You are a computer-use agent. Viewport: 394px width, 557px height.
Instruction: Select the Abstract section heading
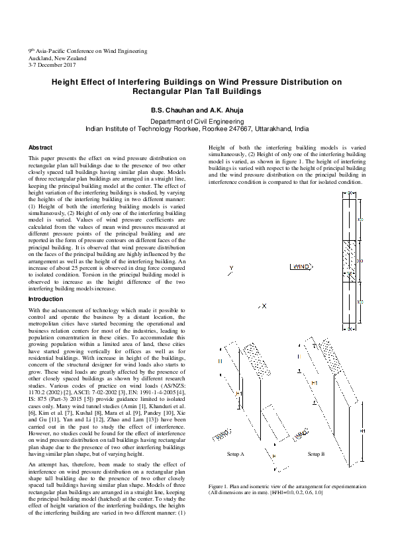pyautogui.click(x=40, y=147)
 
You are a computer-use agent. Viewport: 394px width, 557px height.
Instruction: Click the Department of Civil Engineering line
pyautogui.click(x=197, y=122)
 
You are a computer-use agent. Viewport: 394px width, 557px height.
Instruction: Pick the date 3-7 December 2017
pyautogui.click(x=52, y=65)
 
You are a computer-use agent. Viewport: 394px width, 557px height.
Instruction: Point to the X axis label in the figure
pyautogui.click(x=264, y=306)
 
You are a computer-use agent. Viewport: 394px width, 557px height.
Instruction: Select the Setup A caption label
pyautogui.click(x=236, y=454)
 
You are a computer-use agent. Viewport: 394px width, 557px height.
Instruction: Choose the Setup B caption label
pyautogui.click(x=316, y=454)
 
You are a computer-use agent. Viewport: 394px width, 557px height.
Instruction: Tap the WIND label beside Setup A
pyautogui.click(x=221, y=433)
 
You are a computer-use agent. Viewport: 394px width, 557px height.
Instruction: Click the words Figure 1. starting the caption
pyautogui.click(x=219, y=486)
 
